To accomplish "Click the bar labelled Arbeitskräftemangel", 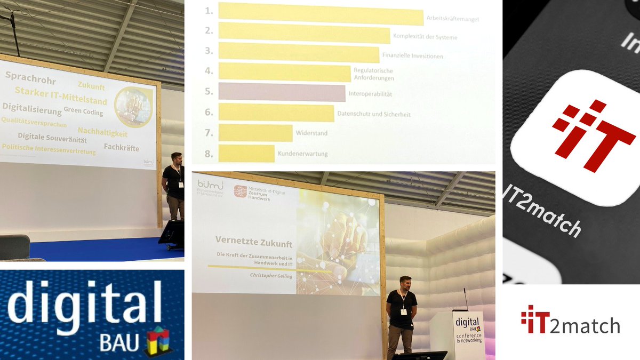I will pyautogui.click(x=321, y=13).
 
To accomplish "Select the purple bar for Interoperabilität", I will pyautogui.click(x=282, y=92).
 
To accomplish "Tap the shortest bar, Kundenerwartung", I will pyautogui.click(x=246, y=153).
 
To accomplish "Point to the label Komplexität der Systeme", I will pyautogui.click(x=425, y=37).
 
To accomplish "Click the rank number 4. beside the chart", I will pyautogui.click(x=209, y=71).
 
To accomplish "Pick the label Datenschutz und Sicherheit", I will pyautogui.click(x=373, y=114).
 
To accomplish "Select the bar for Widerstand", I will pyautogui.click(x=255, y=133).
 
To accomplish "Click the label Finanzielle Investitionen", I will pyautogui.click(x=412, y=55).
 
